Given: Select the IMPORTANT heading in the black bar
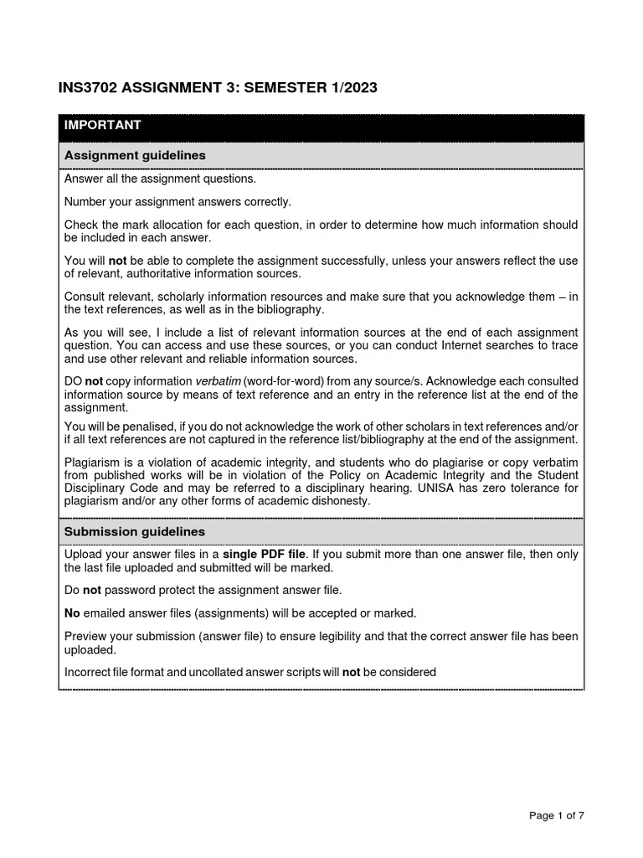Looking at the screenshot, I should (103, 126).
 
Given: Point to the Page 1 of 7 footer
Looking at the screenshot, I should (557, 817).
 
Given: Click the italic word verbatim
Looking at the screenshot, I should (217, 381).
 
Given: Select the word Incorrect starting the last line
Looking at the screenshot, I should (90, 672).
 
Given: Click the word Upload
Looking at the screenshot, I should (83, 555).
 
